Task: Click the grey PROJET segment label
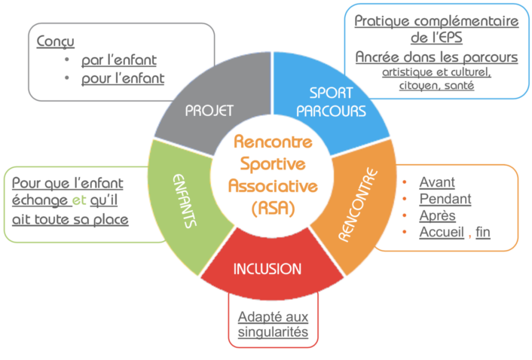pyautogui.click(x=209, y=110)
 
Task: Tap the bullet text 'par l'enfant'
pyautogui.click(x=122, y=59)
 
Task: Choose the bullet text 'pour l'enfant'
pyautogui.click(x=124, y=78)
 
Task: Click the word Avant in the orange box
pyautogui.click(x=437, y=182)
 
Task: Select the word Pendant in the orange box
pyautogui.click(x=445, y=199)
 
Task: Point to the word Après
pyautogui.click(x=438, y=215)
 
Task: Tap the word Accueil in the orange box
pyautogui.click(x=442, y=232)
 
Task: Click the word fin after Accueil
pyautogui.click(x=483, y=232)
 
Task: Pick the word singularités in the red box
pyautogui.click(x=273, y=332)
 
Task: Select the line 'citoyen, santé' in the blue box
pyautogui.click(x=436, y=86)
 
